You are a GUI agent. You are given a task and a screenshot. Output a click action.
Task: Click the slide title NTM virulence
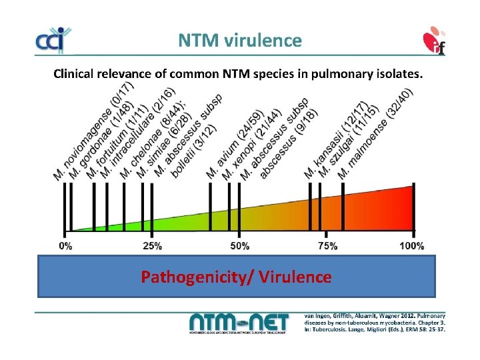pyautogui.click(x=239, y=41)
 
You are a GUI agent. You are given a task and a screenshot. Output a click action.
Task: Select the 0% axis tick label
pyautogui.click(x=66, y=246)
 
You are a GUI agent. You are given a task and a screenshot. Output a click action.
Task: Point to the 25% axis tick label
pyautogui.click(x=152, y=246)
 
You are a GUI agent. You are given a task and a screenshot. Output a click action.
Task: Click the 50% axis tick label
pyautogui.click(x=239, y=246)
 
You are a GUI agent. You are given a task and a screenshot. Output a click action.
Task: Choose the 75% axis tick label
pyautogui.click(x=327, y=246)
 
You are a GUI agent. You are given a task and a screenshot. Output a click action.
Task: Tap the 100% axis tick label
pyautogui.click(x=412, y=246)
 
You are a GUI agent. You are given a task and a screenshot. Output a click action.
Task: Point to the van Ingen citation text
pyautogui.click(x=375, y=322)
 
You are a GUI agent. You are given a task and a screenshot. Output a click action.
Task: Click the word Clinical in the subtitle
pyautogui.click(x=76, y=74)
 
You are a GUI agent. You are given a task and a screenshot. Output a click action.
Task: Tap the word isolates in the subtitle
pyautogui.click(x=397, y=74)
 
